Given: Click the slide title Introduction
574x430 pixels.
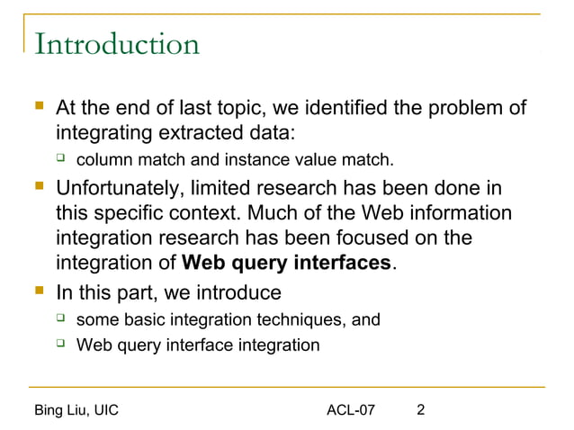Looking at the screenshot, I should point(116,44).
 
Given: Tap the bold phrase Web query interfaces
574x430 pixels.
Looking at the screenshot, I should point(286,264).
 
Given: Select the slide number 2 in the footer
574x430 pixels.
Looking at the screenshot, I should point(421,411).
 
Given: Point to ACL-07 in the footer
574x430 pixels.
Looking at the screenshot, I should point(351,411).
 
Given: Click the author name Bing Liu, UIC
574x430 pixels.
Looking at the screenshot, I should point(76,411).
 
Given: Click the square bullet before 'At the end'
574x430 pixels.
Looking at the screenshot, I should point(38,109).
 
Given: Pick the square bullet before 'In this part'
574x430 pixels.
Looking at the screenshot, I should point(38,292).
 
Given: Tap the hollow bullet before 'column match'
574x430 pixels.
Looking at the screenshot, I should point(61,160).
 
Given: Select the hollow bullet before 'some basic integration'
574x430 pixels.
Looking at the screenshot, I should point(61,318).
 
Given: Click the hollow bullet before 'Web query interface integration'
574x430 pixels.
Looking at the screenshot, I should point(61,344).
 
